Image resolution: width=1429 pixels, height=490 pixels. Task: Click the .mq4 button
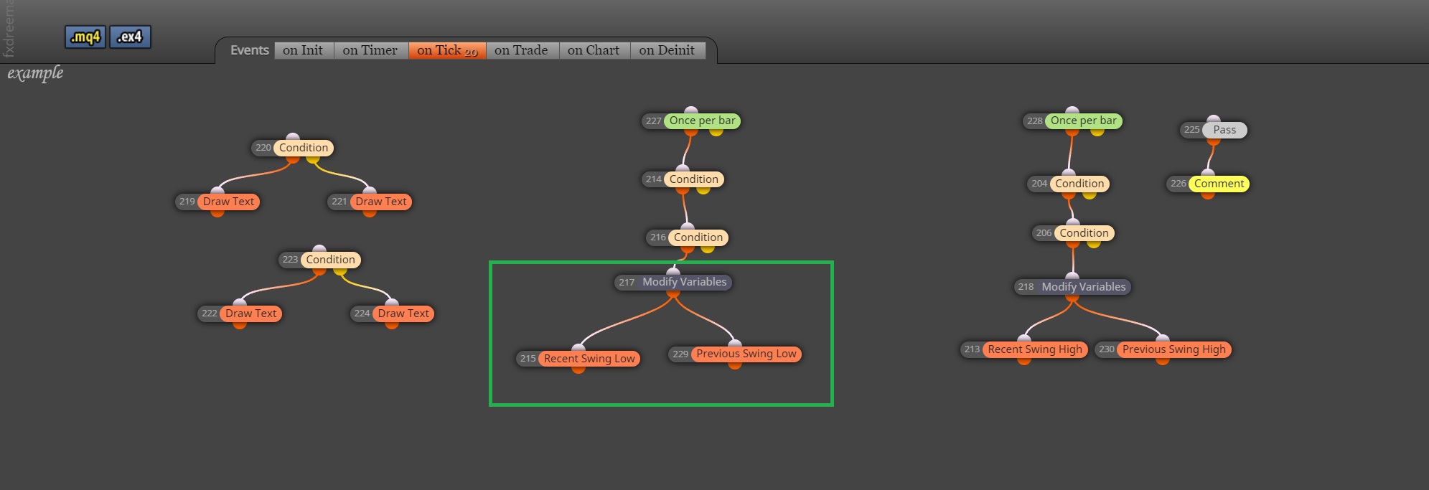click(85, 37)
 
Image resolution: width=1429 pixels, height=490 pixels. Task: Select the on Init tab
click(304, 50)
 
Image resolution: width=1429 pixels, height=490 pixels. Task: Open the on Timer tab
click(370, 50)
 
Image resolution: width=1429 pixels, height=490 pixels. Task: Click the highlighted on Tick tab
click(447, 50)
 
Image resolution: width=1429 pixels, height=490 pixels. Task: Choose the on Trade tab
click(522, 50)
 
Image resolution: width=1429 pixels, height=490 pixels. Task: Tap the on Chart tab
click(594, 50)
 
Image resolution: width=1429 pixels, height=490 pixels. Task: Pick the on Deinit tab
click(667, 50)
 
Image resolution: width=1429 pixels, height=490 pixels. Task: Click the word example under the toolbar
click(35, 73)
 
